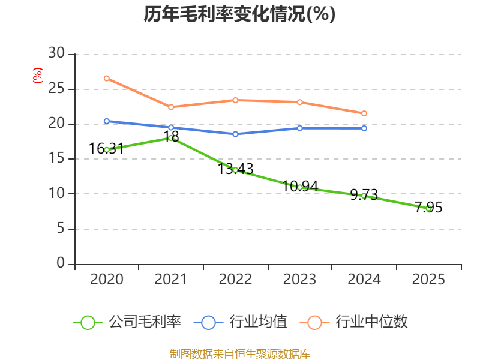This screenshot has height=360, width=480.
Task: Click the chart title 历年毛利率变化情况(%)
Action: coord(239,14)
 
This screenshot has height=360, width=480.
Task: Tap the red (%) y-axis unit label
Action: coord(38,76)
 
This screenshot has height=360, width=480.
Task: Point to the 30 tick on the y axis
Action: coord(56,54)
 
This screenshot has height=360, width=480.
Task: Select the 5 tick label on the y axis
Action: coord(60,229)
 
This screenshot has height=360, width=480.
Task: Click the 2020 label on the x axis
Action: coord(107,280)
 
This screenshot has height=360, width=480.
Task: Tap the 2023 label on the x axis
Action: coord(300,280)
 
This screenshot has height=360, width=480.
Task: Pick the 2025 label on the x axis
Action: coord(428,280)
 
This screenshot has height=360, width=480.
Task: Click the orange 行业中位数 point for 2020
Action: coord(107,79)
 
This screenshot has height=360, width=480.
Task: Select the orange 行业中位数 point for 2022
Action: coord(235,100)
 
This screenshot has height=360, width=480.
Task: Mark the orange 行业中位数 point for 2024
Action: coord(364,113)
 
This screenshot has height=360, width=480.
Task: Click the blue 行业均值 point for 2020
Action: coord(107,121)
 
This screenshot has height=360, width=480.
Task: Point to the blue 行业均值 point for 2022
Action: coord(235,134)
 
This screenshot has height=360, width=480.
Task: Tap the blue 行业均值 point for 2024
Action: coord(364,128)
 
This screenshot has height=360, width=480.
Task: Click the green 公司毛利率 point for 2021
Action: coord(171,138)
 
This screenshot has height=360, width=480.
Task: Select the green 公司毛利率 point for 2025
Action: coord(428,208)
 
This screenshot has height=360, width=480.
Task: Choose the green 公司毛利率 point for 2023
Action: coord(300,187)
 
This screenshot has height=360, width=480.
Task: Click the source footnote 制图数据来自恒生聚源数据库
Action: coord(239,353)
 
